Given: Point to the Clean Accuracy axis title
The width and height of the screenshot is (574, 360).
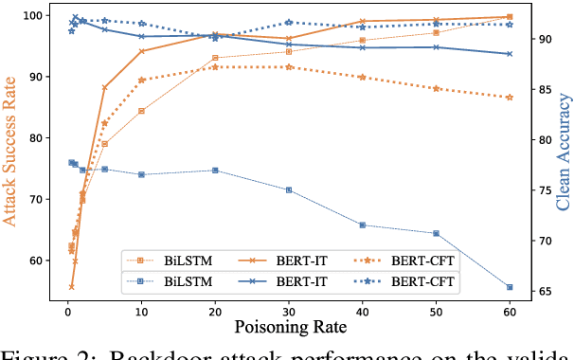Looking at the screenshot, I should pos(563,152).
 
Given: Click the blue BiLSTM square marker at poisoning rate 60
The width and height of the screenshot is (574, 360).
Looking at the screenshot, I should pos(510,287).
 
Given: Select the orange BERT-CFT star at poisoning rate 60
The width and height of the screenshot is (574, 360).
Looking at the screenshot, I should pos(510,97).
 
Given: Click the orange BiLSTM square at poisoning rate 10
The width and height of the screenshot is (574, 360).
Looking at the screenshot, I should pos(141,111).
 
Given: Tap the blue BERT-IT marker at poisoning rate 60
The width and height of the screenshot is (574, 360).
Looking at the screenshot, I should pos(510,54).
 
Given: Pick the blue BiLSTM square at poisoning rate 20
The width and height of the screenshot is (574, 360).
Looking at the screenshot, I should pos(215,171).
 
